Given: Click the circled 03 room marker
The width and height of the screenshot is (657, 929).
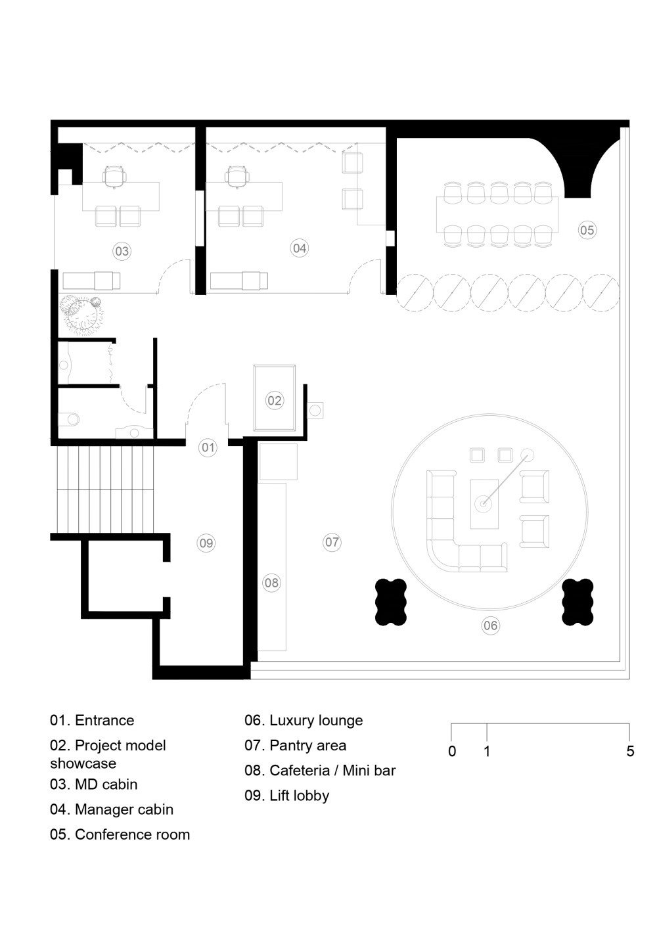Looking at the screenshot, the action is [122, 252].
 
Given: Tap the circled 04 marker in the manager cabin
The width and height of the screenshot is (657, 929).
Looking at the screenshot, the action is [300, 248].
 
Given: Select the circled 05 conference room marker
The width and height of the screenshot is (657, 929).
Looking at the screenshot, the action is [587, 230].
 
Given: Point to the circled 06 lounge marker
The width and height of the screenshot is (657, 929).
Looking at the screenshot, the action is [490, 625].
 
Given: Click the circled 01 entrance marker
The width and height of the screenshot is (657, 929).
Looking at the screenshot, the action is [208, 448].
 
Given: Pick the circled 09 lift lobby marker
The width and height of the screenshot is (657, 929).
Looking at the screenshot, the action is [206, 543].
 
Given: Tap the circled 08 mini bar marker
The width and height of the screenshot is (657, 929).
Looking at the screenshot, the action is [272, 583].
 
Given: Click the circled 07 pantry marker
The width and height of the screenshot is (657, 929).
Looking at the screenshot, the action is [332, 542].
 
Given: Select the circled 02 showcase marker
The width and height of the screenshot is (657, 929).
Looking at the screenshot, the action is [275, 401].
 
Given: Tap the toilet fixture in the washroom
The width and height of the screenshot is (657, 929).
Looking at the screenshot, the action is [69, 419].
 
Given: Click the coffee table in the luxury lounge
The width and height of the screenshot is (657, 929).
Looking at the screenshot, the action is [484, 504].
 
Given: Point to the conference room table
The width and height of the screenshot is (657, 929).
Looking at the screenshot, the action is [497, 214].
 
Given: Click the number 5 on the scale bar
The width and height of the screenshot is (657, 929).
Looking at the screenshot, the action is [630, 751].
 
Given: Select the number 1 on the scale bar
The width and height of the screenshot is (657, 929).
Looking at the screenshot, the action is [487, 751].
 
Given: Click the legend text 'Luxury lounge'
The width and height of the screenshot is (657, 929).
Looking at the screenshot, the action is [316, 720].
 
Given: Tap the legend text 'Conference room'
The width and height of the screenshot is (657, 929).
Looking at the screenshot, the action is [132, 834].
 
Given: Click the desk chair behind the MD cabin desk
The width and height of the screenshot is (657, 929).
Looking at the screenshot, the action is [114, 177].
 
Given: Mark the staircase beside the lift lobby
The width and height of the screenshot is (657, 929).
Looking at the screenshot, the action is [105, 489].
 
